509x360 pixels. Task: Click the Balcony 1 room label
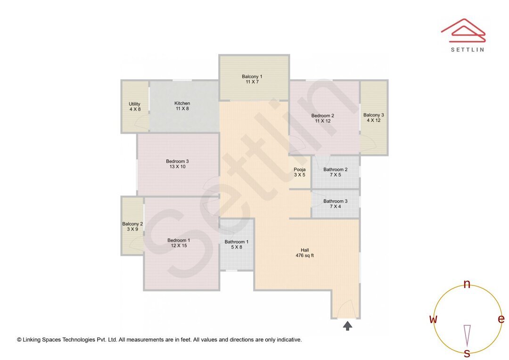(x=252, y=79)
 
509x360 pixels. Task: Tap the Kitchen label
(x=182, y=106)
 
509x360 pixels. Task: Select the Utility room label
(x=135, y=106)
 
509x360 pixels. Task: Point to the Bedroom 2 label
(x=322, y=118)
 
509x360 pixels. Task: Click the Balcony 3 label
(x=373, y=117)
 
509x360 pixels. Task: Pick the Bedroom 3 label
(x=177, y=164)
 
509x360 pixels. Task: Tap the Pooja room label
(x=300, y=172)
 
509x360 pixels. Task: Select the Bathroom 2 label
(x=335, y=172)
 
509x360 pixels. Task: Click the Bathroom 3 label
(x=335, y=204)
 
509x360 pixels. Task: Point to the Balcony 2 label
(x=132, y=227)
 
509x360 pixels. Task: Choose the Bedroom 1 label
(x=179, y=243)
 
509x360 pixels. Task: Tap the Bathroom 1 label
(x=236, y=244)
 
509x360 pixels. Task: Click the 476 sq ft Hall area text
(x=304, y=256)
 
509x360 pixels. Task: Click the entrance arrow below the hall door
(x=348, y=325)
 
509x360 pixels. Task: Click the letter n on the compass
(x=467, y=284)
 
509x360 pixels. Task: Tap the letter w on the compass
(x=433, y=319)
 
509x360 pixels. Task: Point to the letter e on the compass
(x=501, y=319)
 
